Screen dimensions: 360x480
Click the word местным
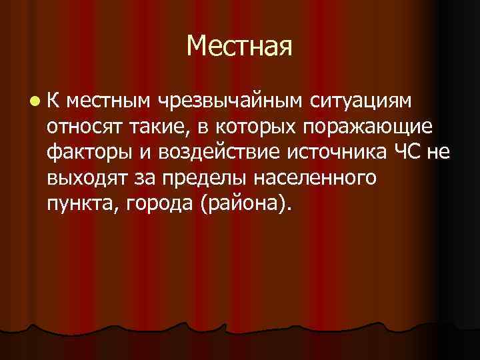pos(108,101)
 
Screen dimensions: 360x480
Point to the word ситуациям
pos(360,101)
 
